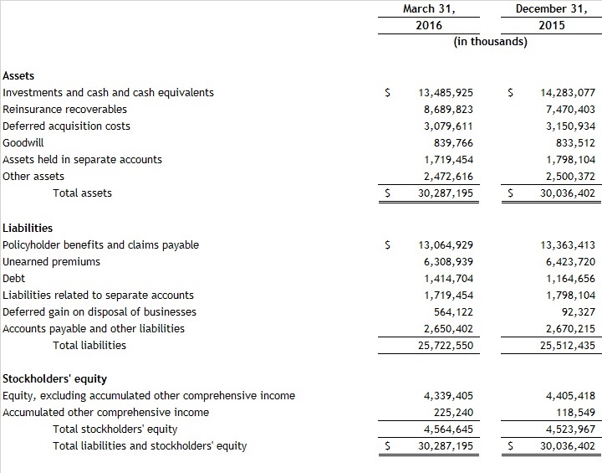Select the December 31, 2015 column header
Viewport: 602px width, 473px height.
pos(551,17)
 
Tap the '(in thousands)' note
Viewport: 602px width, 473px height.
pos(490,41)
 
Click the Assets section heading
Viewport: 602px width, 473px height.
pos(19,75)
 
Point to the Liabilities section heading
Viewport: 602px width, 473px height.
pos(28,228)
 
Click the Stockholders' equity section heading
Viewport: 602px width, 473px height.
pos(55,378)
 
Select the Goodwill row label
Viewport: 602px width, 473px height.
pos(23,142)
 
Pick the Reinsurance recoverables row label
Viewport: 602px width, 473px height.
pos(65,109)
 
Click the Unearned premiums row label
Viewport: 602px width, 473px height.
pos(52,261)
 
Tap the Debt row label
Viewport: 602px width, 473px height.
pos(14,278)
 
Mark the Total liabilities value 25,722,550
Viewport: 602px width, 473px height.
pos(446,345)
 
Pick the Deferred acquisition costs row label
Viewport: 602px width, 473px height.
pos(67,126)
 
